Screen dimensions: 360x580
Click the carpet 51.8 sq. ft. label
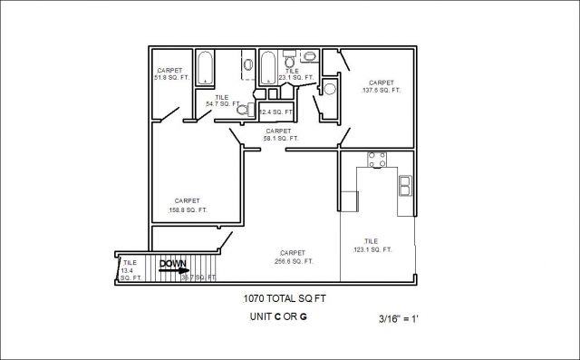click(170, 74)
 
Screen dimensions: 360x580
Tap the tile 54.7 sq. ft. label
click(222, 101)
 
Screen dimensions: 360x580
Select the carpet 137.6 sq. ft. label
click(382, 86)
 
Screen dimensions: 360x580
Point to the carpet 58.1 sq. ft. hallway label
click(278, 134)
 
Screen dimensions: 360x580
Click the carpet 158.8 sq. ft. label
click(188, 205)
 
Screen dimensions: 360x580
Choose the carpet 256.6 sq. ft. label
click(293, 257)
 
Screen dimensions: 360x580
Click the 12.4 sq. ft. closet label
click(277, 112)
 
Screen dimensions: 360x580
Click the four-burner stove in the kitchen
click(376, 160)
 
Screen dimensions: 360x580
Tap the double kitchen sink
click(405, 186)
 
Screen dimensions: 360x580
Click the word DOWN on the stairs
click(173, 264)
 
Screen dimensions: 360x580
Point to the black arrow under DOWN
click(177, 270)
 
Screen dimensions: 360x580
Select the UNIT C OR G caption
click(278, 316)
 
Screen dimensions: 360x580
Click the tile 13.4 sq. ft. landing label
click(130, 270)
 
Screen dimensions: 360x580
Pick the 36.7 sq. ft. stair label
click(190, 277)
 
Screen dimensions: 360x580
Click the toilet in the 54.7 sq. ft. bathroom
click(242, 110)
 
